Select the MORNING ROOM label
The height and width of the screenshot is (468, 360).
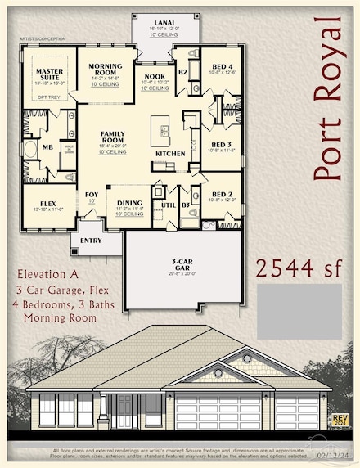(106, 70)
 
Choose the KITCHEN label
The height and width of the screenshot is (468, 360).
(170, 154)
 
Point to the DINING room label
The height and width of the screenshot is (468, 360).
(130, 203)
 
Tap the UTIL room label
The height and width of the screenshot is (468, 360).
(169, 205)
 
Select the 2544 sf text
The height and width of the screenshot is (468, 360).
(299, 268)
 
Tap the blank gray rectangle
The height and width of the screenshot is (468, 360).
(299, 312)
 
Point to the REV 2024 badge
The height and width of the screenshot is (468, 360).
(340, 420)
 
